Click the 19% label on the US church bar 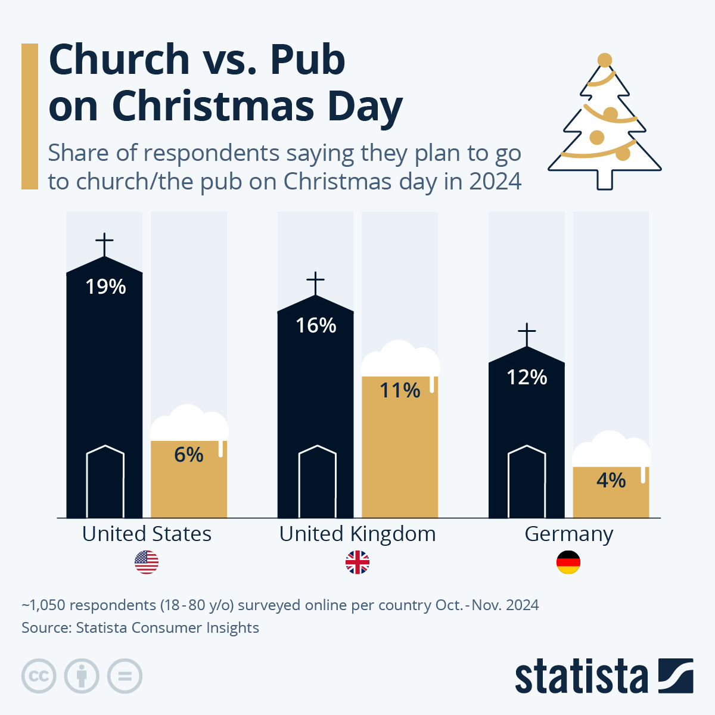tap(105, 287)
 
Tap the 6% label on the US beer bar tap(189, 455)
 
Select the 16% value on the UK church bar tap(316, 326)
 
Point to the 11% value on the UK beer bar tap(400, 391)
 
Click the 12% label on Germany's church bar tap(527, 378)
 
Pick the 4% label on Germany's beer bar tap(611, 480)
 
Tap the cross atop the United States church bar tap(104, 244)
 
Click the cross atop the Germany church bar tap(527, 334)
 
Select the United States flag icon tap(147, 562)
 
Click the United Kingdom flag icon tap(357, 562)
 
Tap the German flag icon tap(568, 562)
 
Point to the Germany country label tap(568, 534)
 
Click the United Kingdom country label tap(357, 534)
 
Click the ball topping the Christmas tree tap(605, 60)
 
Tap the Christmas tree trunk tap(605, 179)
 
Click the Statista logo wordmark tap(581, 676)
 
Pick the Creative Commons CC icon tap(39, 676)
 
